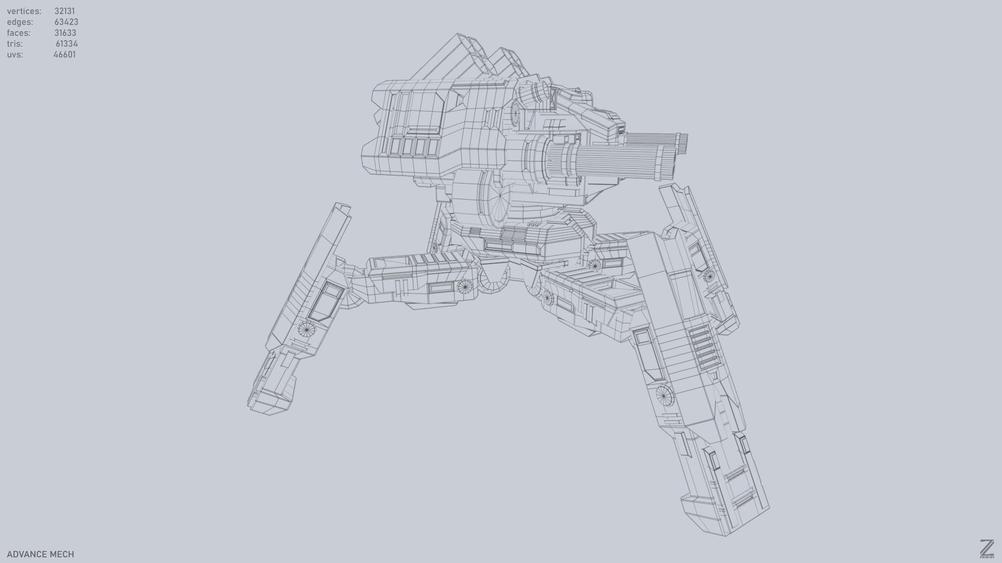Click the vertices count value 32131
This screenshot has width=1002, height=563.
coord(64,11)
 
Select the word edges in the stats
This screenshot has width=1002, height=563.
coord(20,22)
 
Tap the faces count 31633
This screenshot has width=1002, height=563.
coord(65,33)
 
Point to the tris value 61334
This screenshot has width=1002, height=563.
coord(67,44)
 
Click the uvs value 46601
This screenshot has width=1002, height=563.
coord(65,55)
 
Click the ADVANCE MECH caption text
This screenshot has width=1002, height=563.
coord(40,554)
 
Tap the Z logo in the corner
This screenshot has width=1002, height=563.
coord(986,548)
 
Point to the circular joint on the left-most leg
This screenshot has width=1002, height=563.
coord(306,329)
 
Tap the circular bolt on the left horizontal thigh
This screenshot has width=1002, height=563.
coord(464,286)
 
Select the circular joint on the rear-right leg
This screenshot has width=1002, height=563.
coord(708,276)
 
